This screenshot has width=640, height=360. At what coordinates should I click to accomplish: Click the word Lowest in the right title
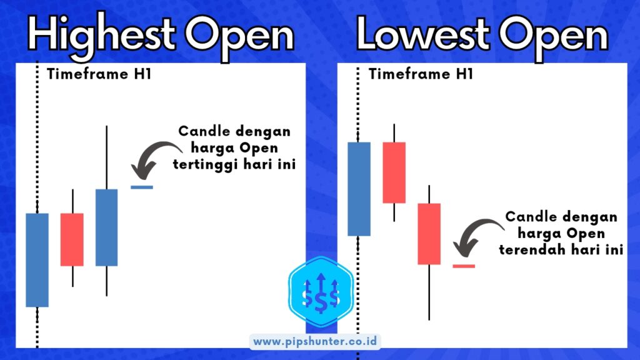[423, 34]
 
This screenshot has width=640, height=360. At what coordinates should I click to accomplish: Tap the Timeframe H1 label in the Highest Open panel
[99, 74]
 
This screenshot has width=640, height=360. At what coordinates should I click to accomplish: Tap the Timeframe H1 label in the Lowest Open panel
[421, 74]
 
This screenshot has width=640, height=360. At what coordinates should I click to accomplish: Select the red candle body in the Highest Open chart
[72, 239]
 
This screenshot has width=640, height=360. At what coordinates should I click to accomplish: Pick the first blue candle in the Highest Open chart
[37, 260]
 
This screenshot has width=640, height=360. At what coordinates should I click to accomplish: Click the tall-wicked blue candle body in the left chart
[106, 227]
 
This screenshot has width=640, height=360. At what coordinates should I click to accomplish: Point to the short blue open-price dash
[142, 187]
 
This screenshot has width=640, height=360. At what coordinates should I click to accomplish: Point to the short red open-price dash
[464, 266]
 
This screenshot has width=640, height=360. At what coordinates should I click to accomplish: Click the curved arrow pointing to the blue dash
[152, 152]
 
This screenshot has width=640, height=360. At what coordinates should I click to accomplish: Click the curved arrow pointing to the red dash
[474, 230]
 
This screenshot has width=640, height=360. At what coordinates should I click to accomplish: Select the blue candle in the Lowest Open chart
[359, 189]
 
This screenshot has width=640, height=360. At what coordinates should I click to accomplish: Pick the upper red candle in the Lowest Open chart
[394, 172]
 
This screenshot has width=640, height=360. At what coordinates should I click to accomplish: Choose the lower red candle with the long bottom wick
[429, 234]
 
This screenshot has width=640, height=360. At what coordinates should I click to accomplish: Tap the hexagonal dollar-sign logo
[321, 291]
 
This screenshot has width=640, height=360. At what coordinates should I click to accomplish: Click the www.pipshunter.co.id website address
[315, 342]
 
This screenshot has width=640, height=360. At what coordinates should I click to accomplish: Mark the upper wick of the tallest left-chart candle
[107, 157]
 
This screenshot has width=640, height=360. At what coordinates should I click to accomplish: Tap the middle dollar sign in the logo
[321, 301]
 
